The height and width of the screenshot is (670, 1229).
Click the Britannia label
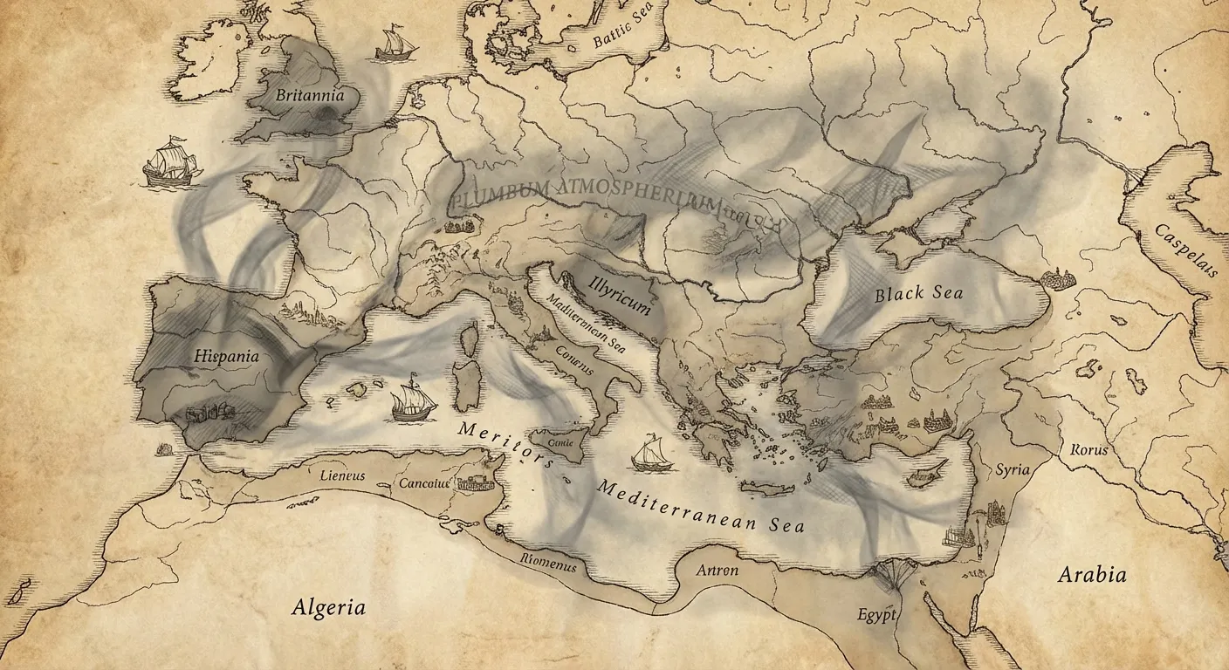click(x=309, y=96)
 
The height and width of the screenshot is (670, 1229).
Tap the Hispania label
click(x=226, y=356)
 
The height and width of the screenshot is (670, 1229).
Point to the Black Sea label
click(x=918, y=293)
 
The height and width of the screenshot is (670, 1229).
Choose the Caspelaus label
click(x=1185, y=250)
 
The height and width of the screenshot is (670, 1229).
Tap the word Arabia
click(x=1091, y=575)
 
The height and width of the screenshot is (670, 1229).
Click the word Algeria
click(x=328, y=607)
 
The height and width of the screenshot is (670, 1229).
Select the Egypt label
click(x=876, y=615)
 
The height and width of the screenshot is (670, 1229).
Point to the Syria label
click(x=1013, y=469)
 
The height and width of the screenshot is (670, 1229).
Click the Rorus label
click(x=1088, y=450)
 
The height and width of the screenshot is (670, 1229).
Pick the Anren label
click(x=717, y=571)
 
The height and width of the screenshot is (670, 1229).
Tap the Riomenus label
click(x=547, y=564)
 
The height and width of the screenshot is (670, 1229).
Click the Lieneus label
click(x=342, y=476)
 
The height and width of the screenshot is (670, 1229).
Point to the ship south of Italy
click(x=651, y=454)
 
